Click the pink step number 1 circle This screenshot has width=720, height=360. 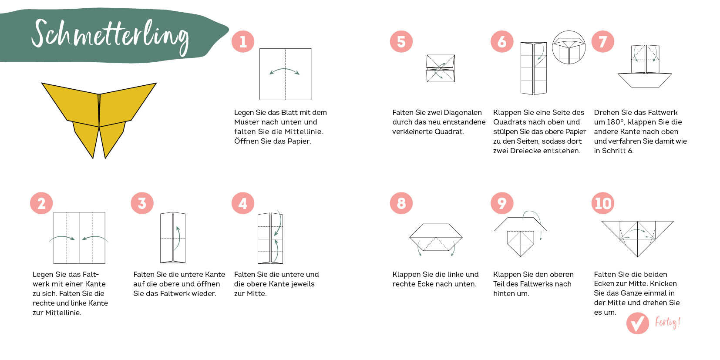(x=243, y=41)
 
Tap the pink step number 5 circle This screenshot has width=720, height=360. (x=401, y=41)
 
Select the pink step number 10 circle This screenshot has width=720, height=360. (x=602, y=203)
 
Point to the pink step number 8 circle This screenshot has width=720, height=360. (x=401, y=203)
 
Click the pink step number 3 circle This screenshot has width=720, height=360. (x=142, y=203)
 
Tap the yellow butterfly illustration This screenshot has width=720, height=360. (x=99, y=120)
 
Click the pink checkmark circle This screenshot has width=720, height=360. (x=637, y=323)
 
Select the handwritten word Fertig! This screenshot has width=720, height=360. (x=668, y=323)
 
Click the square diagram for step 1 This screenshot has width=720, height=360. (x=286, y=74)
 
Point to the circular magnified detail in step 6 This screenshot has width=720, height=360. (x=569, y=47)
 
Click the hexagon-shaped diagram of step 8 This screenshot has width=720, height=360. (x=436, y=237)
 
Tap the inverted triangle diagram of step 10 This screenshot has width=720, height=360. (x=637, y=239)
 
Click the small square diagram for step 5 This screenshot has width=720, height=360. (x=441, y=68)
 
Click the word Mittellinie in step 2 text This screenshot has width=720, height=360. (x=63, y=313)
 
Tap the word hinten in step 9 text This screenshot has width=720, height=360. (x=504, y=294)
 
